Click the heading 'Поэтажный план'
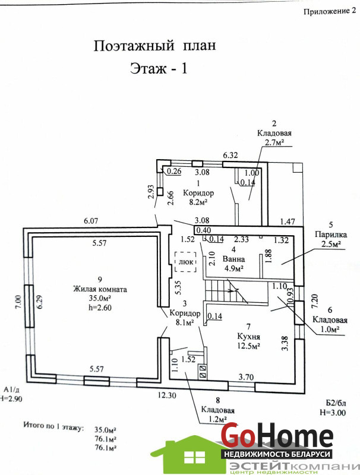[153, 46]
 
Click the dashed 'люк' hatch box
[185, 261]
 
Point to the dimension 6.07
[91, 221]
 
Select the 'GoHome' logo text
[277, 436]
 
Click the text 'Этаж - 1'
[159, 68]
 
